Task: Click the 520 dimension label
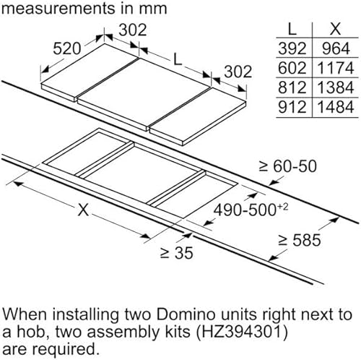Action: pyautogui.click(x=66, y=48)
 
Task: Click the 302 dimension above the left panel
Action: pyautogui.click(x=133, y=30)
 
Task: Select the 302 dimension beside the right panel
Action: pyautogui.click(x=238, y=72)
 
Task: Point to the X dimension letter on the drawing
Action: pyautogui.click(x=83, y=210)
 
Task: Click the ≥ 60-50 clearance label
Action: pyautogui.click(x=287, y=166)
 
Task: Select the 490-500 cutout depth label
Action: pyautogui.click(x=251, y=209)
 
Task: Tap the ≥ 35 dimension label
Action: pyautogui.click(x=176, y=253)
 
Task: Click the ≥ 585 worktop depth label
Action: pyautogui.click(x=300, y=240)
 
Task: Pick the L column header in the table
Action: pyautogui.click(x=292, y=30)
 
